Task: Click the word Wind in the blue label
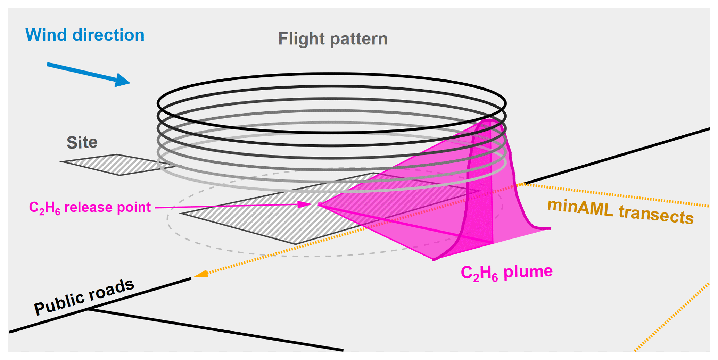tap(46, 35)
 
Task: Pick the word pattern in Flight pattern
tap(359, 39)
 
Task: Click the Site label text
tap(82, 142)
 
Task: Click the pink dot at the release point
tap(320, 204)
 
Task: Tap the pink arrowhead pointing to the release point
tap(305, 204)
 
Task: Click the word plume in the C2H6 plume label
tap(528, 271)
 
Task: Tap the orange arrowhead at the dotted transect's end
tap(200, 274)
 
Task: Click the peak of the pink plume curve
tap(489, 120)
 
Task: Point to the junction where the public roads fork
tap(88, 308)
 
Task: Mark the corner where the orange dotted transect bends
tap(523, 184)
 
